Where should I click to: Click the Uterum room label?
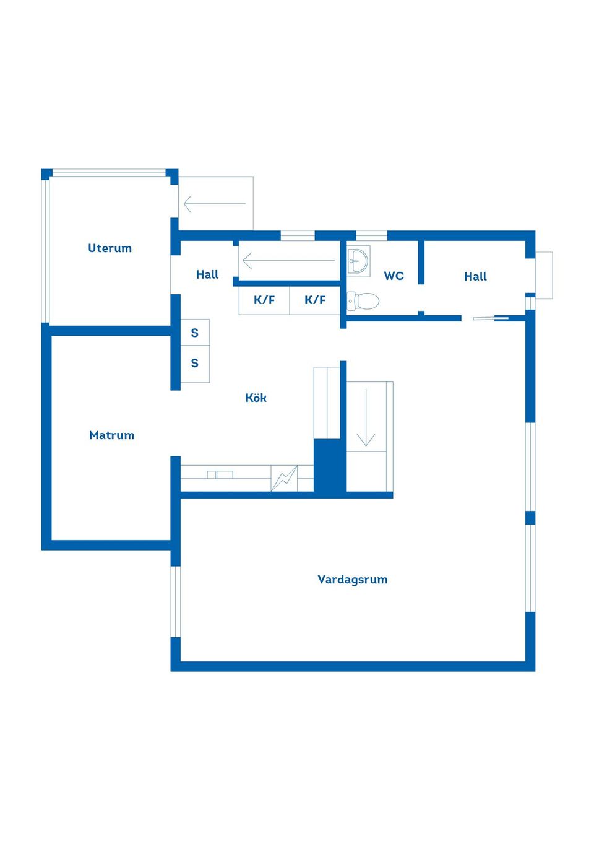(110, 248)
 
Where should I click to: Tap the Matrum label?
(111, 435)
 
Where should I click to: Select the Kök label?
(256, 398)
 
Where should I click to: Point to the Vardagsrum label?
(352, 579)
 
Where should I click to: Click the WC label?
(394, 276)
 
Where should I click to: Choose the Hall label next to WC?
(475, 276)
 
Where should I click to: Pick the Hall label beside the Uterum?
(207, 274)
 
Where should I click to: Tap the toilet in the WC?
(363, 300)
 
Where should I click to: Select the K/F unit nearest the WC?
(314, 300)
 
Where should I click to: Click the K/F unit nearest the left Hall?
(264, 300)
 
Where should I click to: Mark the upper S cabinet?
(195, 333)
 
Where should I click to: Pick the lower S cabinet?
(195, 364)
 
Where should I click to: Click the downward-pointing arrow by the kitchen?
(366, 417)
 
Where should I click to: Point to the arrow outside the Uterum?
(215, 204)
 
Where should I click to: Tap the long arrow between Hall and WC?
(288, 261)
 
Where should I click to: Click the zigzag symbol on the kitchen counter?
(284, 478)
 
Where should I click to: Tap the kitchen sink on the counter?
(220, 474)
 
